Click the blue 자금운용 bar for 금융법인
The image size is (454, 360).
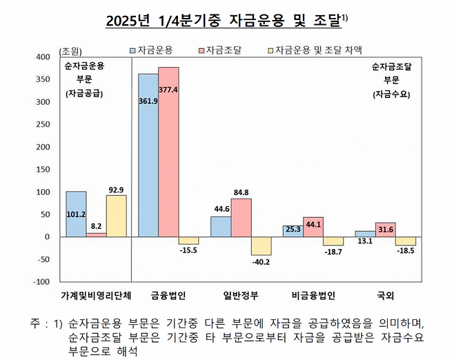point(148,154)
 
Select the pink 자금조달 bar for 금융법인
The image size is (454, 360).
point(168,152)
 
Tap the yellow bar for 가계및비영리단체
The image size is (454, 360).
point(117,215)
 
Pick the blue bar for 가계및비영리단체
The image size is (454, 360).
point(76,214)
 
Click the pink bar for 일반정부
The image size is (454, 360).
point(241,217)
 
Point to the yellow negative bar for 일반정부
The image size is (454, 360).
point(261,246)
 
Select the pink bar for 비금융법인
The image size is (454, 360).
point(313,227)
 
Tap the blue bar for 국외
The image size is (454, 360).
point(365,234)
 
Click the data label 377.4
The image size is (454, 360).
point(168,90)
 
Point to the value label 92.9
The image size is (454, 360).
point(117,189)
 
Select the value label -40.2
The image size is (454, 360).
point(261,261)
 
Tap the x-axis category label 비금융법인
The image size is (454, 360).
point(313,295)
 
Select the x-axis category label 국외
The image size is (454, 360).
point(385,295)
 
